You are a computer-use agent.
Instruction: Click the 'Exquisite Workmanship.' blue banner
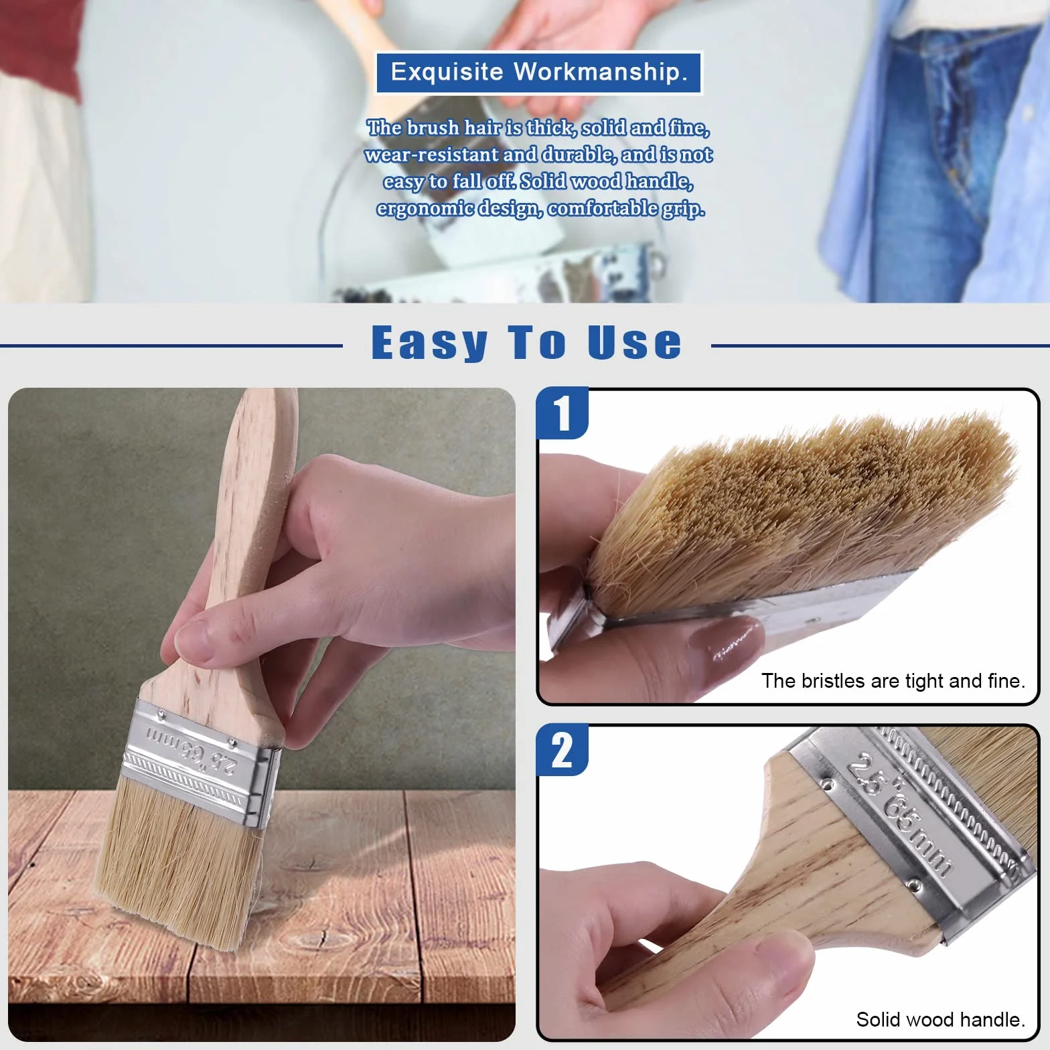538,72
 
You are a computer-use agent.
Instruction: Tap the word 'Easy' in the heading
430,343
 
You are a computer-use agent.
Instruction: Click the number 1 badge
562,413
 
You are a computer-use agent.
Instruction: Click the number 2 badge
562,750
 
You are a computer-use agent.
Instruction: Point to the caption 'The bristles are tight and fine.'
893,681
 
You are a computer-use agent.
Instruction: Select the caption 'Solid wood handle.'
941,1019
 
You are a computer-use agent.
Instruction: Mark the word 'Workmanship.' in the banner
601,72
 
